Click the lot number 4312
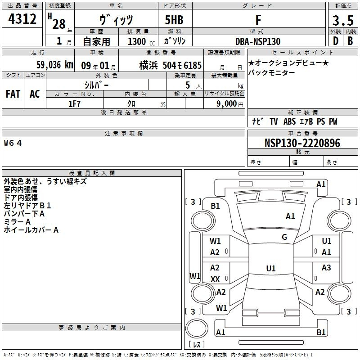[22, 19]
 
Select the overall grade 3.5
[343, 20]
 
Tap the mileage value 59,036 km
[55, 65]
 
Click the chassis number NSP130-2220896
[302, 143]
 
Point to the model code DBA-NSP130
[258, 41]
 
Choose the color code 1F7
[74, 104]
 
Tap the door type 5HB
[174, 20]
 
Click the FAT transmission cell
[13, 94]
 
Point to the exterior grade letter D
[336, 41]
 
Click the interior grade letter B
[351, 41]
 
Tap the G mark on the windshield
[284, 237]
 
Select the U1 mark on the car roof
[271, 268]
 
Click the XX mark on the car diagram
[215, 279]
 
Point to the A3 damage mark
[326, 268]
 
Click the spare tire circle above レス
[197, 328]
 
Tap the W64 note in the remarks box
[13, 143]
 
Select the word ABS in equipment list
[289, 121]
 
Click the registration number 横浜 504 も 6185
[171, 65]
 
